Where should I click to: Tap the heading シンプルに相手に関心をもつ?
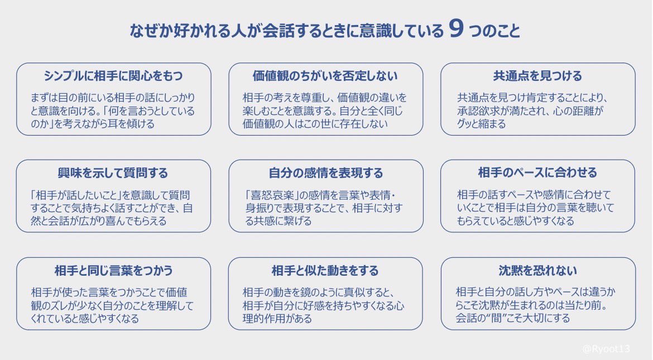pos(113,75)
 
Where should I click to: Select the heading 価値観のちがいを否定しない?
pos(325,75)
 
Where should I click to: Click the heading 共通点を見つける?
pos(537,75)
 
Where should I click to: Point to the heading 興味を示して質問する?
pos(113,172)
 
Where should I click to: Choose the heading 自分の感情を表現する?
pos(325,172)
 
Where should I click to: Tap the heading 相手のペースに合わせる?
pos(537,172)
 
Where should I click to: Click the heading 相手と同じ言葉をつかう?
pos(113,270)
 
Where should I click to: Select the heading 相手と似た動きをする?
pos(325,270)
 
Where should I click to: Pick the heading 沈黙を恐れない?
pos(537,270)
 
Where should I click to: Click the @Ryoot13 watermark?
pos(606,348)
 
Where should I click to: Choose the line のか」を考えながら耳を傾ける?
pos(93,124)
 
